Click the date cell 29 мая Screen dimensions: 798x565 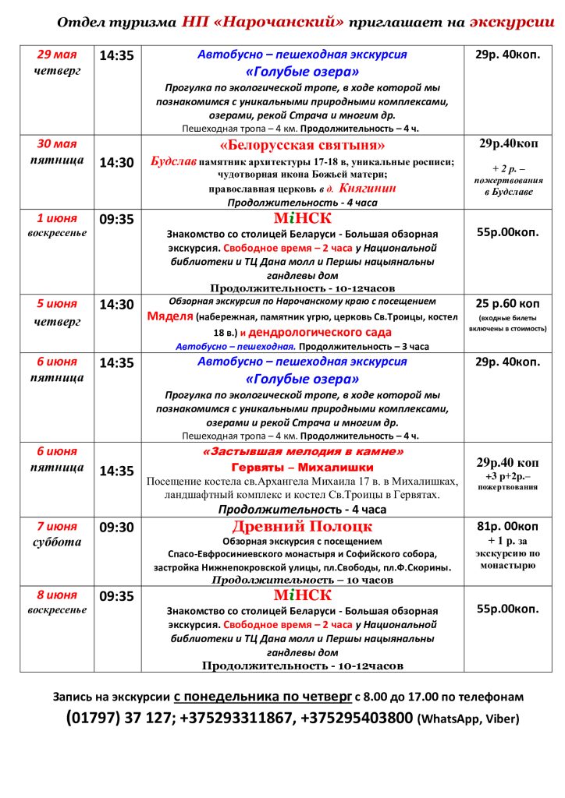(58, 55)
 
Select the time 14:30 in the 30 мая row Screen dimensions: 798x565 (116, 163)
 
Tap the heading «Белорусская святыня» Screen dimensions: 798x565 (303, 146)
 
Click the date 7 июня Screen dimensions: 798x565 (58, 526)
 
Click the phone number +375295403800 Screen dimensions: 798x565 (357, 718)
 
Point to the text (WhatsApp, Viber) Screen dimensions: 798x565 (468, 719)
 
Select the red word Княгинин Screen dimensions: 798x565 (368, 188)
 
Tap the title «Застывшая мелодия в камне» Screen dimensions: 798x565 (303, 452)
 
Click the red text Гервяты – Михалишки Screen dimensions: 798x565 (303, 468)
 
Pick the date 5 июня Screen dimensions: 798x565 (58, 303)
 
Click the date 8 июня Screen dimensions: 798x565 (58, 595)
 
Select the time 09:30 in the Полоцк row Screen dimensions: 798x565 (116, 528)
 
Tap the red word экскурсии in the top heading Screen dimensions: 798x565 (512, 22)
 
